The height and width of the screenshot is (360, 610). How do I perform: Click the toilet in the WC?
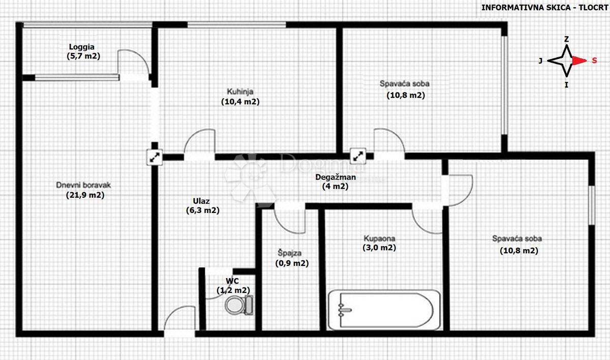pyautogui.click(x=239, y=305)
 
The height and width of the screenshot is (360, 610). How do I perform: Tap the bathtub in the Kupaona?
pyautogui.click(x=384, y=310)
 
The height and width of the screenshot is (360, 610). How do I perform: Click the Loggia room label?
pyautogui.click(x=82, y=47)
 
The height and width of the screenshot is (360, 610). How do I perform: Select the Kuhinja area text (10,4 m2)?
pyautogui.click(x=240, y=102)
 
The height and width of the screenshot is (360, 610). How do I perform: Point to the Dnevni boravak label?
pyautogui.click(x=83, y=185)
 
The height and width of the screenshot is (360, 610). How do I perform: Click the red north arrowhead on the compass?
pyautogui.click(x=579, y=61)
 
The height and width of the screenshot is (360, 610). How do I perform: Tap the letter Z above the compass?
pyautogui.click(x=566, y=39)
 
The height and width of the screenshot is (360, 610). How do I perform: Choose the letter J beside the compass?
pyautogui.click(x=540, y=61)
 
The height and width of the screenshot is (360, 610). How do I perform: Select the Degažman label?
pyautogui.click(x=335, y=177)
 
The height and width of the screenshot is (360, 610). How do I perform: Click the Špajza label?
pyautogui.click(x=289, y=253)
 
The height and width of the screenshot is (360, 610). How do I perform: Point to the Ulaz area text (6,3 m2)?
pyautogui.click(x=203, y=211)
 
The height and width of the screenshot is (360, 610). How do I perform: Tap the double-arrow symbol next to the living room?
pyautogui.click(x=155, y=157)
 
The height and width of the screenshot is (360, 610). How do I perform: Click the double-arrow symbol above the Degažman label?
pyautogui.click(x=358, y=156)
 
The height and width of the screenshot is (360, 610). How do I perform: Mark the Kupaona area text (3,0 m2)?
pyautogui.click(x=379, y=248)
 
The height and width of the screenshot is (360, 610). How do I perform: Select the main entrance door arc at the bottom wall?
pyautogui.click(x=174, y=311)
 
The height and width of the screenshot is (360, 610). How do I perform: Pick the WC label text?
pyautogui.click(x=232, y=281)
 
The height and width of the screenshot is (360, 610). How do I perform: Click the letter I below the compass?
pyautogui.click(x=566, y=85)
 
